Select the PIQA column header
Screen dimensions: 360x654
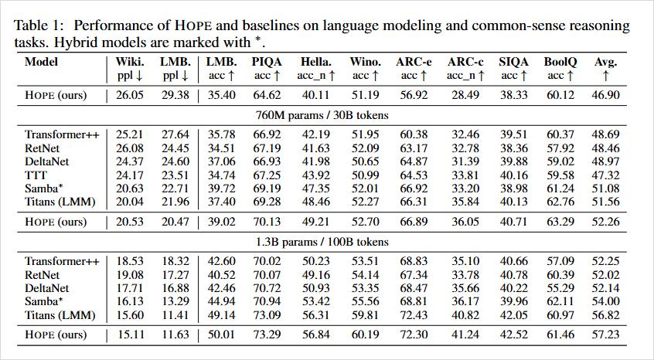pos(266,62)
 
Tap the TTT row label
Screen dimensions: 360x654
pos(36,175)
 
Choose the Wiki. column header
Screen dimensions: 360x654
pos(129,62)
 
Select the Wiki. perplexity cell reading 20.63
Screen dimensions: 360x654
pos(129,188)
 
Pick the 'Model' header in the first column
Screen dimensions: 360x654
pos(41,62)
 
